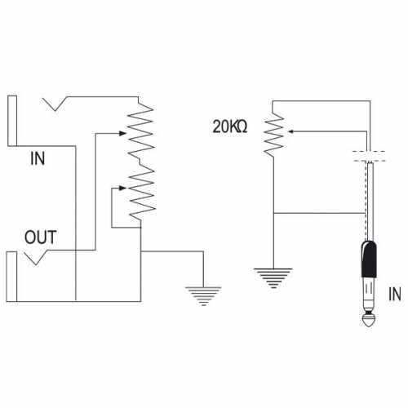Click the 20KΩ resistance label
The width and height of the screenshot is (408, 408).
click(230, 126)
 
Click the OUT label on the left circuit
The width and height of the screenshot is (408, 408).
click(41, 237)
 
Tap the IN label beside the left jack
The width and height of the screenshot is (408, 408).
click(38, 158)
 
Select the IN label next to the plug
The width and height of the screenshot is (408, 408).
click(395, 294)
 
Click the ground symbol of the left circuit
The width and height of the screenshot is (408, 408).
click(203, 296)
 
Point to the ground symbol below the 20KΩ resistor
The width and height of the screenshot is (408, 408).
click(273, 278)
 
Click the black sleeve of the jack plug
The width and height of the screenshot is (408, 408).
click(369, 259)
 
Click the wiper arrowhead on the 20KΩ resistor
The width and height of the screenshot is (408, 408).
click(290, 131)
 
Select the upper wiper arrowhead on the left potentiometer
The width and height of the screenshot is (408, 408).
click(122, 133)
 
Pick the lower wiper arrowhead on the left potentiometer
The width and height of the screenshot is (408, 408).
click(122, 188)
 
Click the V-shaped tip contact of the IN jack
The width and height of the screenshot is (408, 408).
click(55, 104)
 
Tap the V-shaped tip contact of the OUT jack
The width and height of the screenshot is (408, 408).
click(36, 258)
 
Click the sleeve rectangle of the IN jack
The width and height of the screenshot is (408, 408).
click(12, 121)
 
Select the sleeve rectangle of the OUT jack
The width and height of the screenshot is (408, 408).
click(11, 277)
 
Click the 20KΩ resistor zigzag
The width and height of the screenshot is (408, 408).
click(273, 134)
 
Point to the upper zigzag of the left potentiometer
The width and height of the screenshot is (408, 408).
click(140, 131)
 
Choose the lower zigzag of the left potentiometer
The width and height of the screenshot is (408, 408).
click(142, 193)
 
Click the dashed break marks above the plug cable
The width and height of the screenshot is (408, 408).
click(369, 156)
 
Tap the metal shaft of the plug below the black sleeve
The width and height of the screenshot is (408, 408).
click(369, 296)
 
